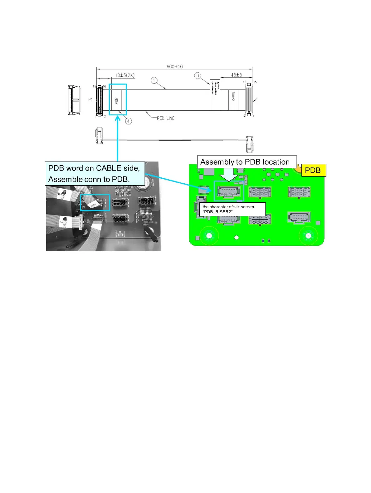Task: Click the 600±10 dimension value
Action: pos(174,67)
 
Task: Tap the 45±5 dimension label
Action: pos(236,75)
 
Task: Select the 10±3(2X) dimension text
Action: pos(125,75)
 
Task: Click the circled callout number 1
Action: pos(154,80)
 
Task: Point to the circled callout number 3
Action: pos(198,75)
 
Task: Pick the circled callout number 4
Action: pos(128,121)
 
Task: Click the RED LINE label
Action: pos(165,118)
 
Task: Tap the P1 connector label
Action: pos(90,99)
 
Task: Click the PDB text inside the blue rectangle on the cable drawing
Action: pos(116,101)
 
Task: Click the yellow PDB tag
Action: pos(313,170)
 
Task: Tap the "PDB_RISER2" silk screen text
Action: pos(217,212)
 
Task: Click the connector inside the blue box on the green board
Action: pos(229,191)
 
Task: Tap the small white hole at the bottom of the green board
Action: pos(237,238)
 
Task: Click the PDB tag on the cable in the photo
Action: pos(93,205)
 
